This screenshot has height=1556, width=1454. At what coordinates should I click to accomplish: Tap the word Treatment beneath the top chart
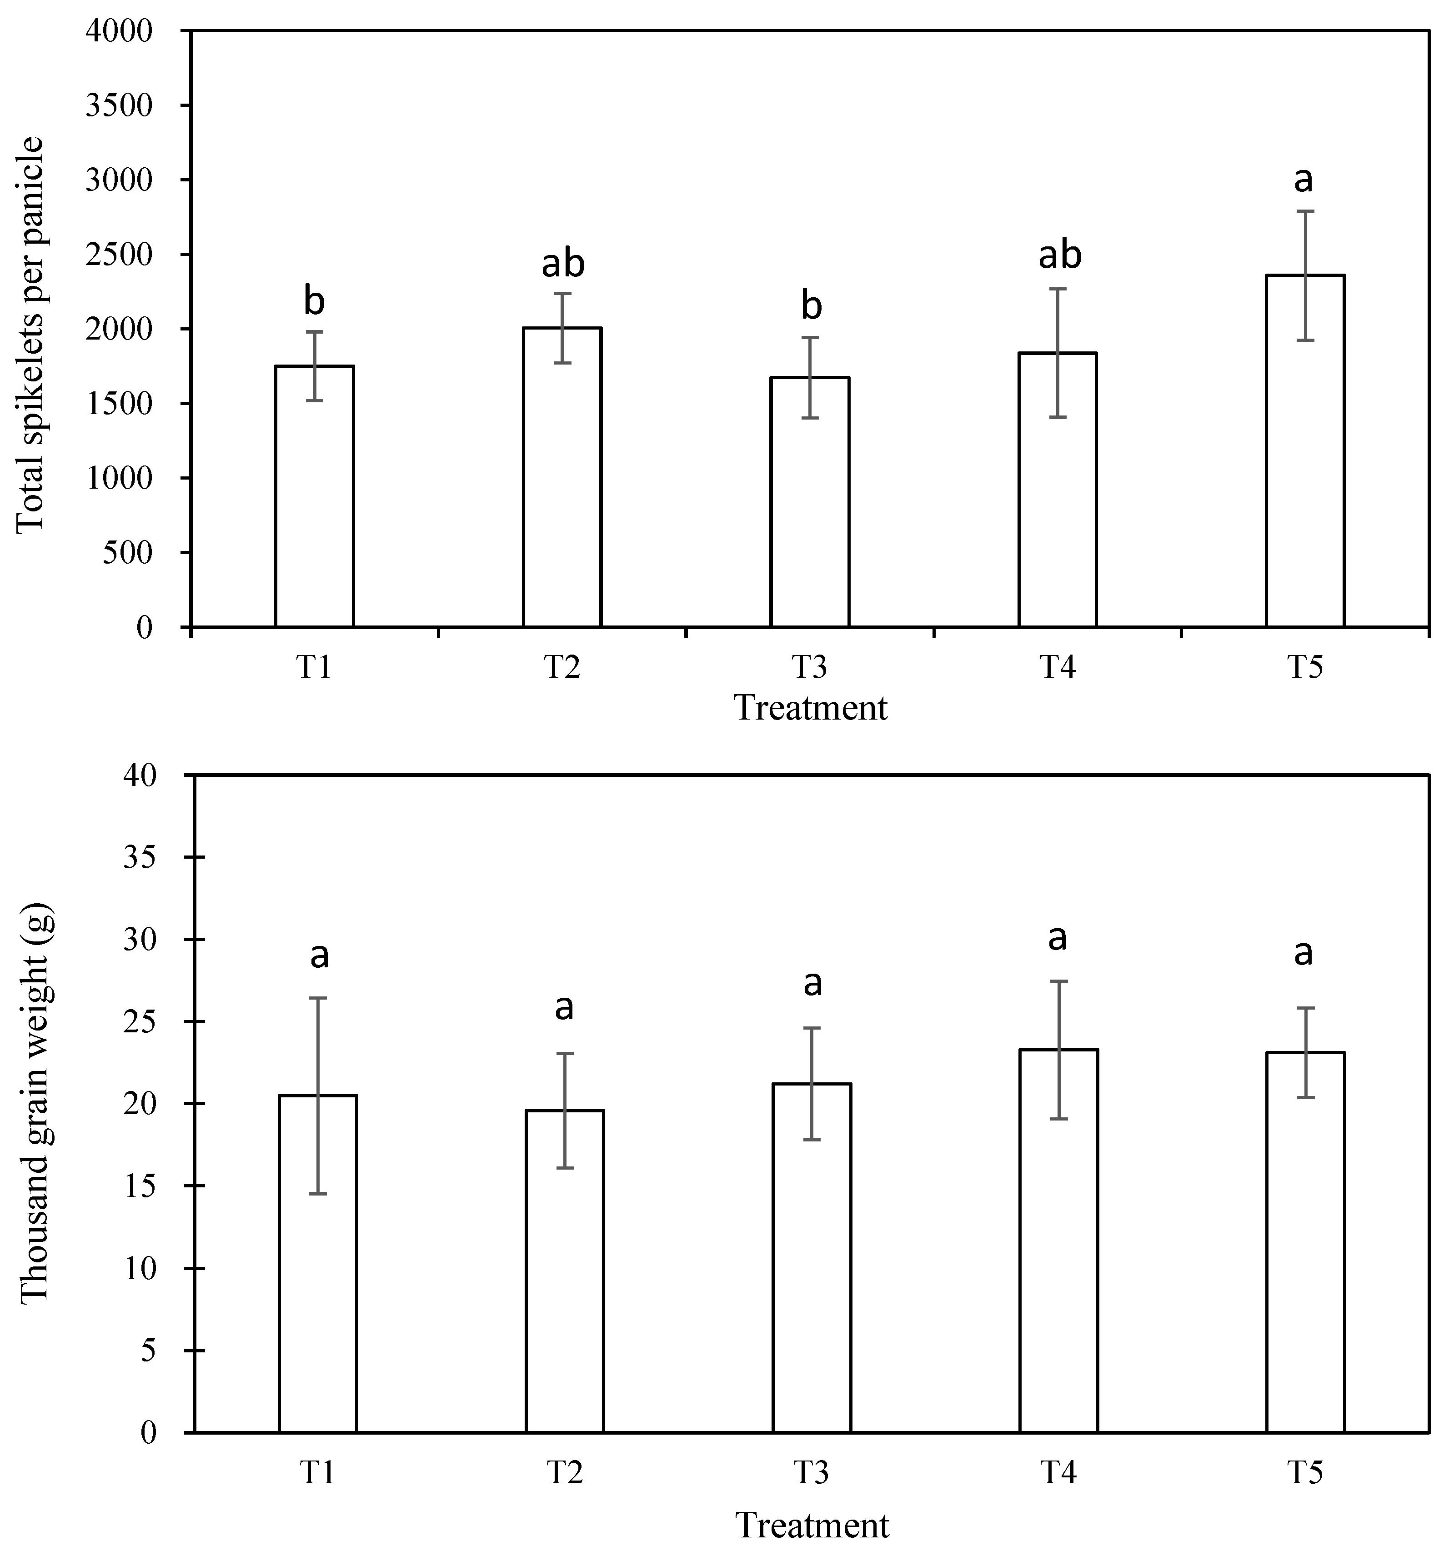point(810,708)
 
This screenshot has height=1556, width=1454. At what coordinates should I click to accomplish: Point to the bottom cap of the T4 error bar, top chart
point(1058,417)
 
